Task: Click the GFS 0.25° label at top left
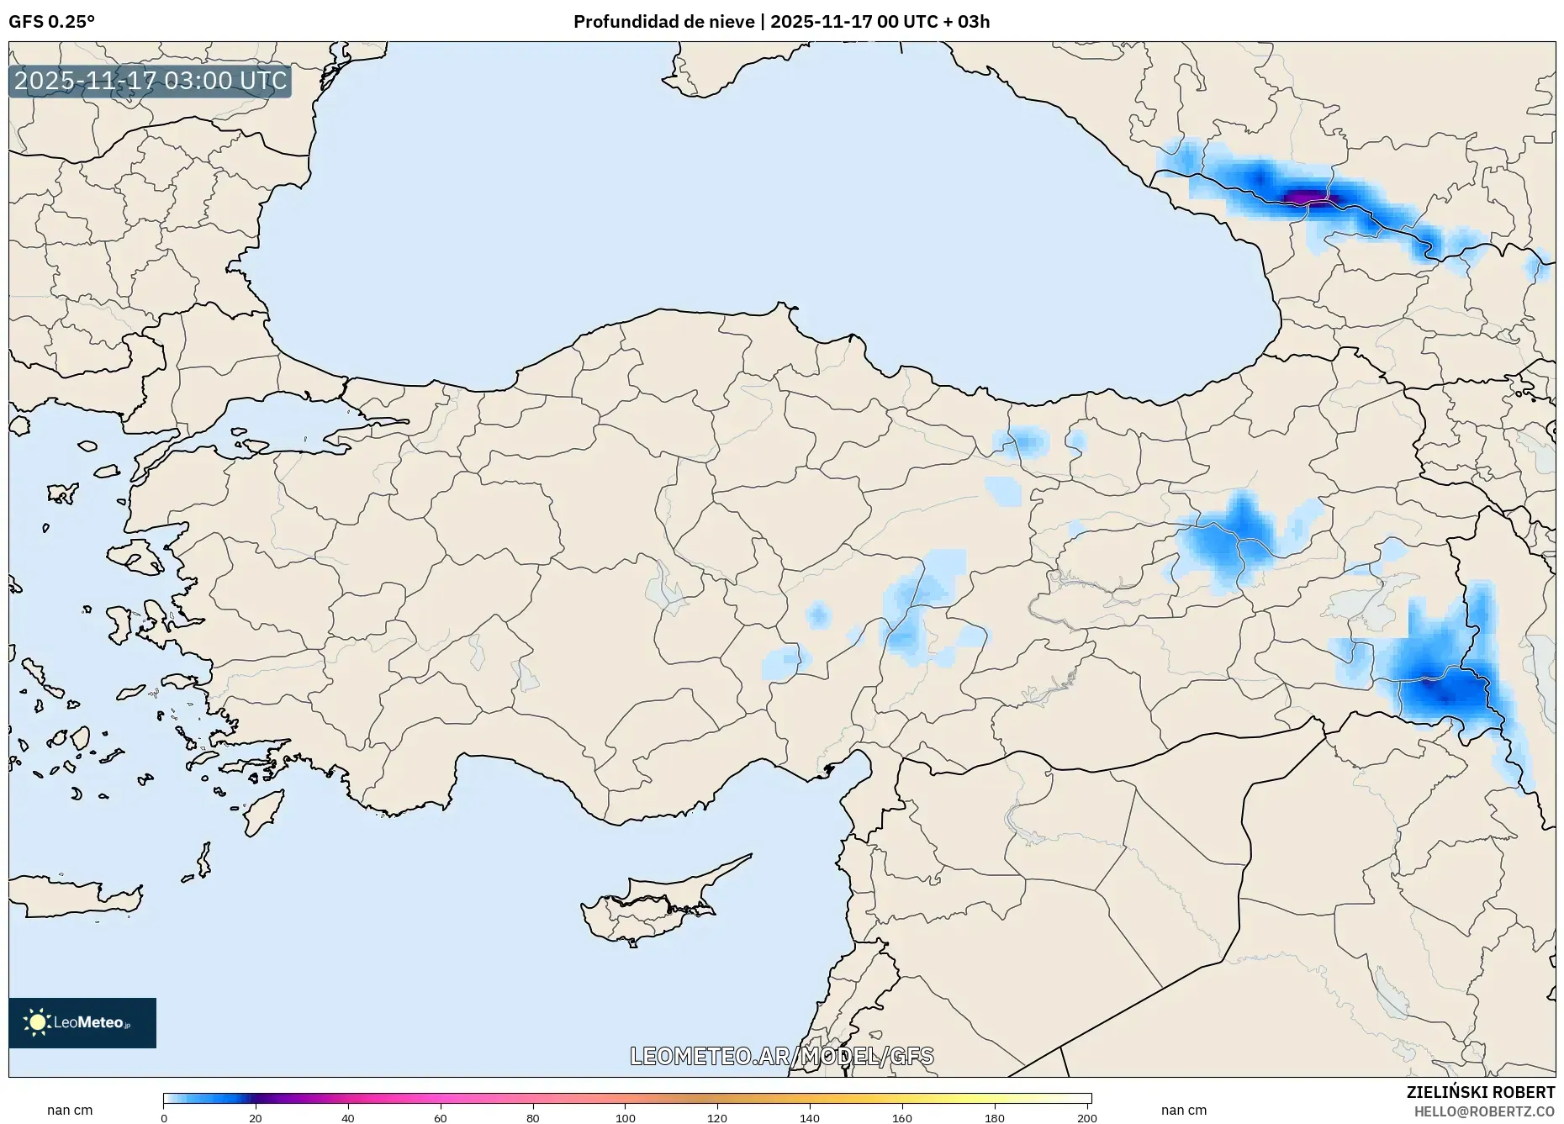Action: click(x=51, y=22)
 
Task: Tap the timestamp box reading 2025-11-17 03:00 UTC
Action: click(x=151, y=81)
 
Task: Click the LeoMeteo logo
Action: click(x=82, y=1022)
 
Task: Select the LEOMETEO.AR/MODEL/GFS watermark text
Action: click(x=781, y=1056)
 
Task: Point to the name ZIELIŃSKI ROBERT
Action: click(x=1480, y=1092)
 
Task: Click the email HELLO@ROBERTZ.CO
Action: click(x=1484, y=1111)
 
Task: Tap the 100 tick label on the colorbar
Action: click(x=625, y=1118)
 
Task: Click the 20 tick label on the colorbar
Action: click(x=256, y=1118)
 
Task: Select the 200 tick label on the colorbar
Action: click(x=1086, y=1118)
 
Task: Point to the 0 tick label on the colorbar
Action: click(x=164, y=1118)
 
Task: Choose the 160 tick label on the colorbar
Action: click(x=901, y=1118)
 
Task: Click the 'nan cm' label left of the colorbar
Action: click(x=70, y=1111)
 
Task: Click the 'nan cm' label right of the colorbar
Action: click(x=1183, y=1111)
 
